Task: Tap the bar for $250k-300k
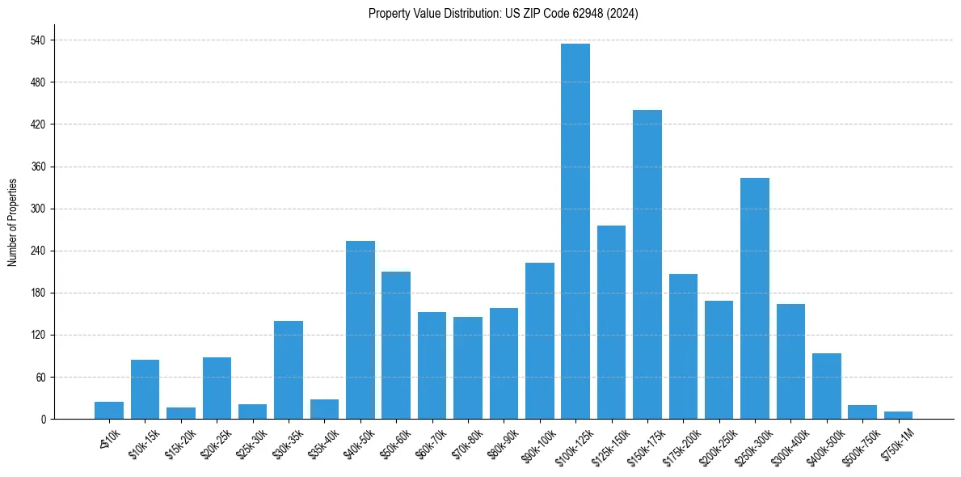(x=754, y=298)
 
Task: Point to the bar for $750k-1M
(x=898, y=415)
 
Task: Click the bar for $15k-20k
(x=181, y=413)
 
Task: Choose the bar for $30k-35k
(x=289, y=369)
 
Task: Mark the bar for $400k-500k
(x=826, y=386)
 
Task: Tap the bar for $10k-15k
(x=145, y=389)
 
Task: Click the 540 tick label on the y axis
(x=37, y=40)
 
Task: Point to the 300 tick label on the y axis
(x=37, y=209)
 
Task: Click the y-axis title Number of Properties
(x=12, y=222)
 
